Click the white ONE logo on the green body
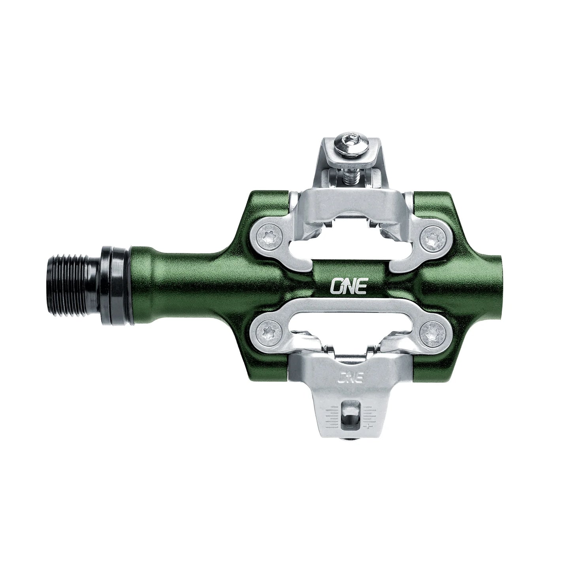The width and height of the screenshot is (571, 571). pyautogui.click(x=348, y=287)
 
